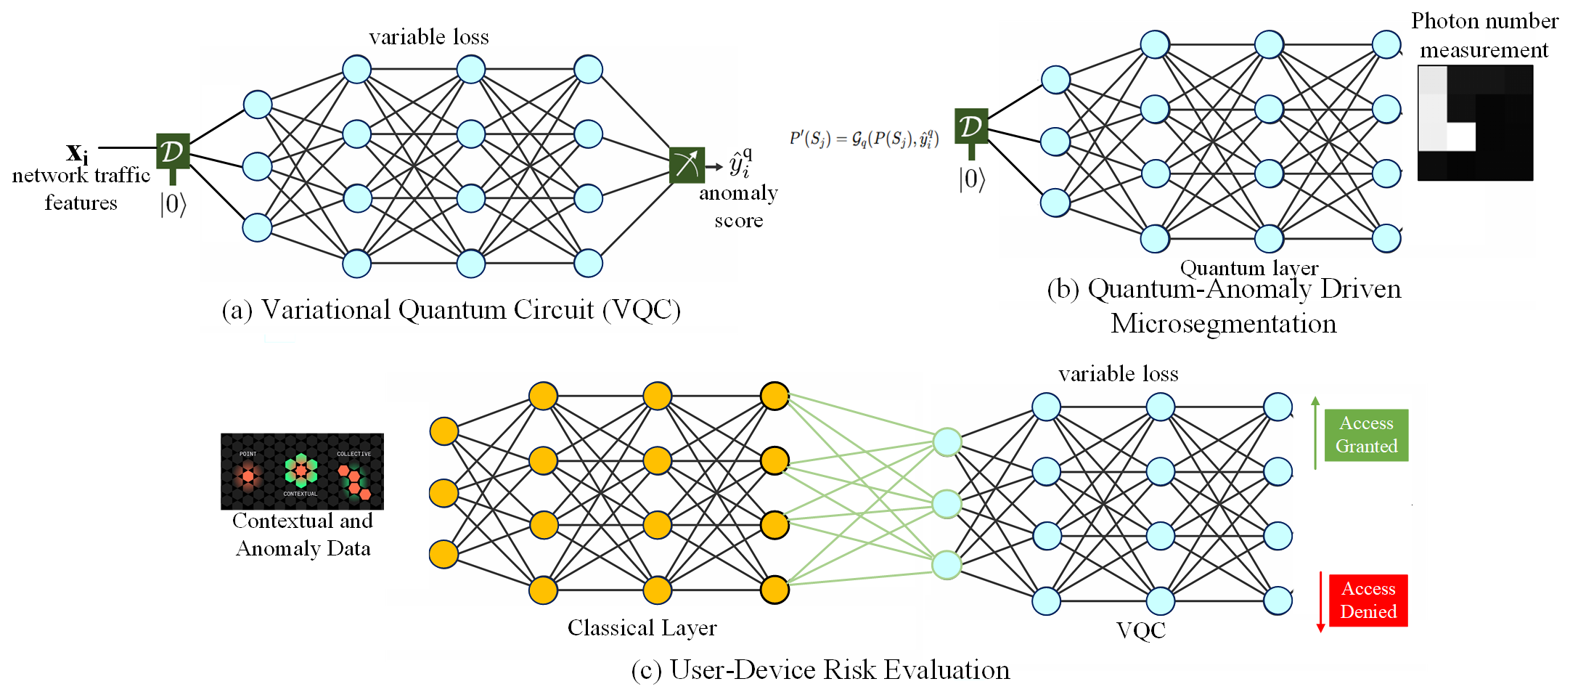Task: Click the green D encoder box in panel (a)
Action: (x=173, y=151)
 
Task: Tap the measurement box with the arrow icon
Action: (x=687, y=165)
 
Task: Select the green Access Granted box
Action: (x=1366, y=435)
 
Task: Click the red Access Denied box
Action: (x=1368, y=600)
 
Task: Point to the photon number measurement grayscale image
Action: (x=1475, y=123)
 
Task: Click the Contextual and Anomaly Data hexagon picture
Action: (x=302, y=471)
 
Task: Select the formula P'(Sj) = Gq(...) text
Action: (x=864, y=138)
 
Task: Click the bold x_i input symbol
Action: (x=77, y=152)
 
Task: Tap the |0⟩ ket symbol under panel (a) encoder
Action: (x=173, y=205)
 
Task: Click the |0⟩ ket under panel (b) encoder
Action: (x=972, y=179)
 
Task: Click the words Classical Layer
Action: (x=642, y=627)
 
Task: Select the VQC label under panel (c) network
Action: (x=1140, y=630)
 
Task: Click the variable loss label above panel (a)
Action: (x=428, y=37)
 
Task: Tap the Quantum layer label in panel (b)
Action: (x=1248, y=268)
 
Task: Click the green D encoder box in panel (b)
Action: (x=970, y=126)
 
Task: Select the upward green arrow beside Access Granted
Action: (x=1315, y=432)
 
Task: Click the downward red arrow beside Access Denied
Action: (x=1320, y=602)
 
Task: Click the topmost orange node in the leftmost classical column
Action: (x=443, y=431)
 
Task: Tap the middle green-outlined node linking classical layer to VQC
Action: (x=947, y=503)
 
